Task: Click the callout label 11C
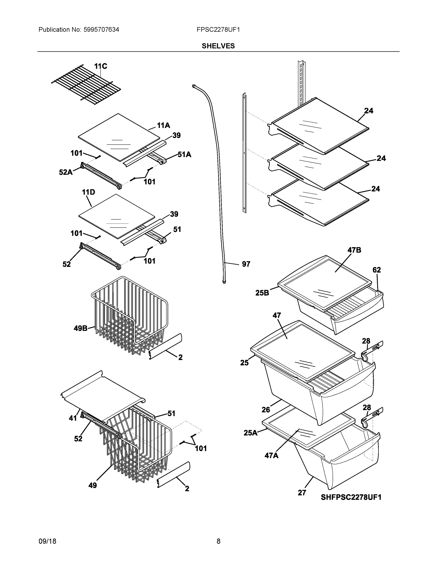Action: [x=100, y=66]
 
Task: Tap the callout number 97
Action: [x=246, y=264]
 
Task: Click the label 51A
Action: [x=184, y=155]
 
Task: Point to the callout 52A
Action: [x=66, y=172]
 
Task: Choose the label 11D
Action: [x=88, y=192]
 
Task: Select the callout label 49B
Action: [x=81, y=328]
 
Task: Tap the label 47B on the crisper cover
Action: [x=354, y=250]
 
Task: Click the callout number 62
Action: [x=377, y=270]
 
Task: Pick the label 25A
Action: [x=250, y=433]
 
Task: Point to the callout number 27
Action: [x=302, y=493]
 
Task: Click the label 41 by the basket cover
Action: [x=73, y=418]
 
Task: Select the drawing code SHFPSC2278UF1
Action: [x=351, y=497]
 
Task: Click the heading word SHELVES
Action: [x=218, y=46]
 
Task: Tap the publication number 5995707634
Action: [x=101, y=29]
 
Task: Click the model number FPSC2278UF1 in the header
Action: [x=218, y=29]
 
